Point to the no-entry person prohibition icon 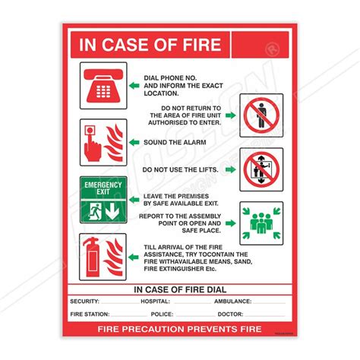[x=261, y=115]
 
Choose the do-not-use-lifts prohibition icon [x=261, y=170]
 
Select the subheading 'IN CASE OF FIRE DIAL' [x=179, y=289]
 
